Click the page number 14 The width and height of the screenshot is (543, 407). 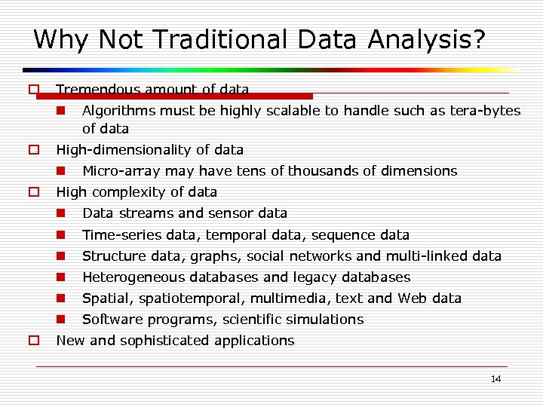[495, 378]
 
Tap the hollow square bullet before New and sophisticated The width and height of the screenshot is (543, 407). [34, 341]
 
